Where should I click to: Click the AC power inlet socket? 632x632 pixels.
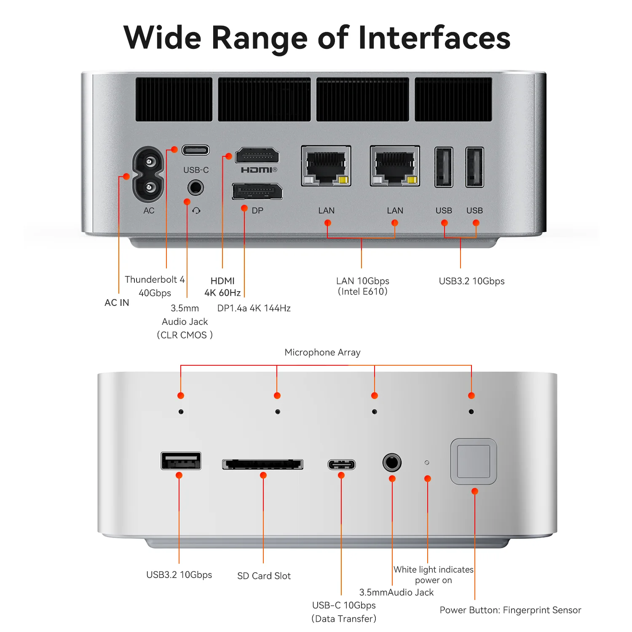[x=148, y=174]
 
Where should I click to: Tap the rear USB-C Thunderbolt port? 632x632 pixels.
[x=195, y=150]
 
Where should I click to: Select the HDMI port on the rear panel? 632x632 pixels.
[x=257, y=156]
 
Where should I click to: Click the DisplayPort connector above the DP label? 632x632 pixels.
[x=257, y=192]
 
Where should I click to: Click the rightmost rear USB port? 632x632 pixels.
[x=474, y=167]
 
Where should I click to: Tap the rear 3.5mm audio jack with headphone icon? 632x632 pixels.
[x=195, y=187]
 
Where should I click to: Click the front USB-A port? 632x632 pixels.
[x=181, y=461]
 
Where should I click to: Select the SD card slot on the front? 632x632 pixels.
[x=263, y=464]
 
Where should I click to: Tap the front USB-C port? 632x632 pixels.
[x=342, y=464]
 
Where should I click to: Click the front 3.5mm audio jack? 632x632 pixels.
[x=392, y=463]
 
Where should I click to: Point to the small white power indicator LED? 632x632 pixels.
[x=427, y=463]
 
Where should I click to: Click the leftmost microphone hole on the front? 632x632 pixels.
[x=181, y=412]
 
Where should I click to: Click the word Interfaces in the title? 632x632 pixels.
[x=434, y=38]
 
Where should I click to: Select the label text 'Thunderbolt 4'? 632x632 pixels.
[x=155, y=280]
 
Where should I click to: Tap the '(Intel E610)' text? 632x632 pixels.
[x=362, y=292]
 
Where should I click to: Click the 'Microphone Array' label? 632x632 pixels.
[x=322, y=352]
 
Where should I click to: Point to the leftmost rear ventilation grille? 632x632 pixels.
[x=174, y=99]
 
